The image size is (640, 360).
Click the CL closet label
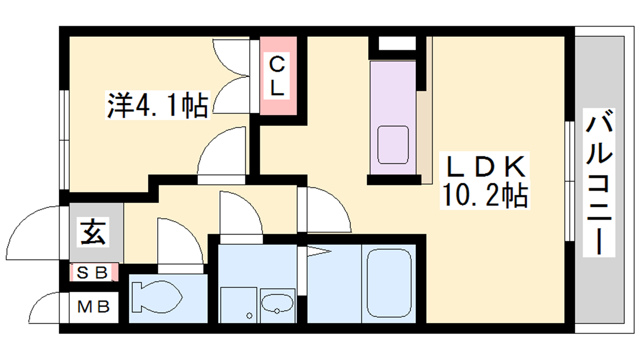(276, 76)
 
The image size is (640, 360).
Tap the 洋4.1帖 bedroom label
(158, 105)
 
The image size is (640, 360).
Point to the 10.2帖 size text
(485, 196)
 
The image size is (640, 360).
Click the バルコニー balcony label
(599, 182)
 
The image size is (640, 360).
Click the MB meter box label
(94, 307)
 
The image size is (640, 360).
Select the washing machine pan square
(238, 305)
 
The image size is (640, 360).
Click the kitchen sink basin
(393, 145)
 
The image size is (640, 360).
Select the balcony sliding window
(570, 182)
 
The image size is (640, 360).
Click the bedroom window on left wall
(64, 140)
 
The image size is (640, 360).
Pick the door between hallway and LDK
(324, 210)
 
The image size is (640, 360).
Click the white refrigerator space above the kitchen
(397, 43)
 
